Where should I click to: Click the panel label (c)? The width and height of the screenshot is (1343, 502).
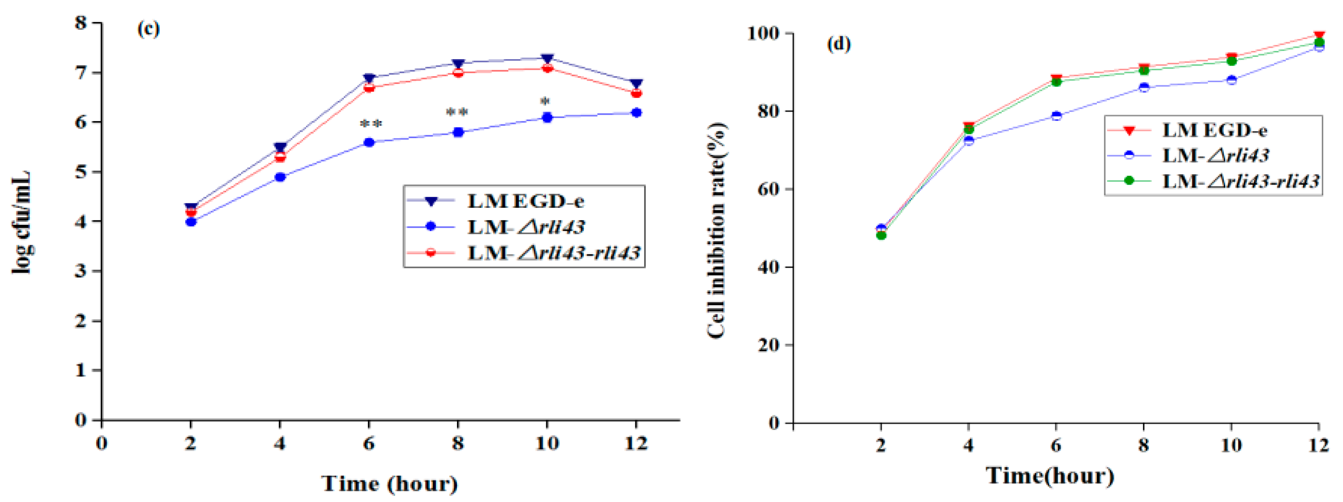point(149,29)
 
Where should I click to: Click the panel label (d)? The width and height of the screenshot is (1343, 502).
point(839,45)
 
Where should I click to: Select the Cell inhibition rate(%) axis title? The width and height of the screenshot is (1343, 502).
point(717,229)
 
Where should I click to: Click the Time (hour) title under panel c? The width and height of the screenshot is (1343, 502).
point(390,483)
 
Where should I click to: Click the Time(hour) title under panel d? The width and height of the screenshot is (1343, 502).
point(1050,475)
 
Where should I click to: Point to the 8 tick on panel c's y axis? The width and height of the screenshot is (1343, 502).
point(81,22)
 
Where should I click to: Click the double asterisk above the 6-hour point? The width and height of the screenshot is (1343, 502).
point(371,124)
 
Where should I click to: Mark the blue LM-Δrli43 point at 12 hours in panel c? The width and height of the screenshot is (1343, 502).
point(636,113)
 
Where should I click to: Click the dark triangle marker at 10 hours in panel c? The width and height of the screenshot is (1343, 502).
point(547,58)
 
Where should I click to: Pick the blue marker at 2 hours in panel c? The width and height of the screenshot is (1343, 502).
point(191,222)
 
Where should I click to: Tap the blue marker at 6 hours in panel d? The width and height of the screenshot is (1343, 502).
point(1056,116)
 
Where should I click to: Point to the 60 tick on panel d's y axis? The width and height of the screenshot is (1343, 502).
point(769,189)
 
